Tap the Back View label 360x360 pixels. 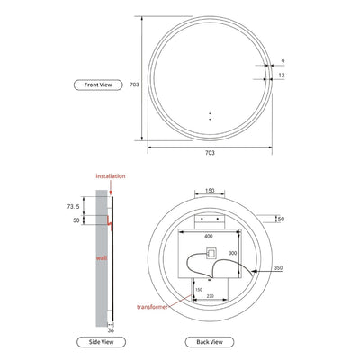(x=210, y=341)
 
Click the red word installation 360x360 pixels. (x=110, y=177)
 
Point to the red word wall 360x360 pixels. (x=102, y=256)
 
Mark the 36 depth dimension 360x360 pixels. (x=111, y=328)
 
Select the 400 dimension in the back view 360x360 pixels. (x=210, y=237)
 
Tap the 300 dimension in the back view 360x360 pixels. (x=232, y=255)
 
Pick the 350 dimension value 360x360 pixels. (x=281, y=268)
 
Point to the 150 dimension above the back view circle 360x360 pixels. (x=210, y=192)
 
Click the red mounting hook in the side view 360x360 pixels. (x=108, y=220)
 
